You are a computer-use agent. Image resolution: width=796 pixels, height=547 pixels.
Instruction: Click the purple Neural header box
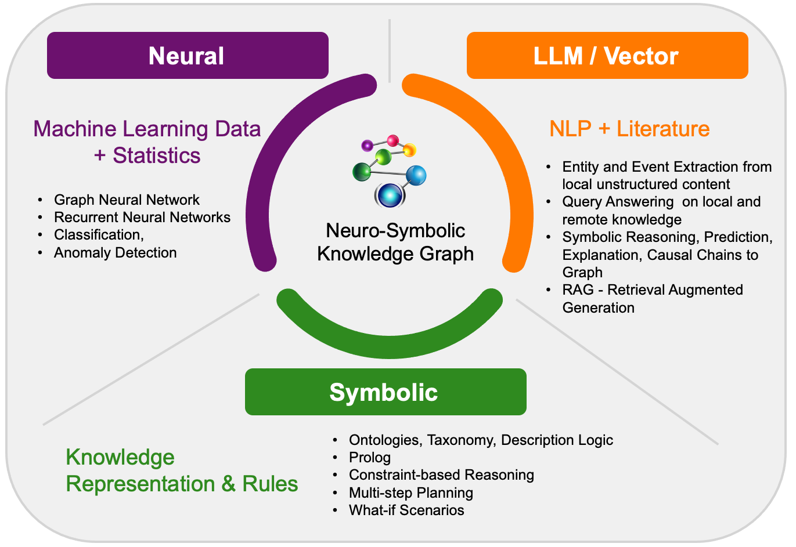point(188,56)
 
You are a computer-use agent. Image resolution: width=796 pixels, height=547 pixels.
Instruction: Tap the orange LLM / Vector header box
point(607,56)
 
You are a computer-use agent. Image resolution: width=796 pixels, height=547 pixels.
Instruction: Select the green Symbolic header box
point(385,392)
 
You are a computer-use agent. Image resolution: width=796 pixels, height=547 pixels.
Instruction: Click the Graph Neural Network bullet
point(127,200)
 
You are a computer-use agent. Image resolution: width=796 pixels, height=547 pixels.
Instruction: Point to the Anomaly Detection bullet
point(115,253)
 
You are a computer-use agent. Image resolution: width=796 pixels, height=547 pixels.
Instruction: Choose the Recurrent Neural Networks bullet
point(142,218)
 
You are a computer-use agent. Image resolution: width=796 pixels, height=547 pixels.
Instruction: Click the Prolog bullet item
point(369,458)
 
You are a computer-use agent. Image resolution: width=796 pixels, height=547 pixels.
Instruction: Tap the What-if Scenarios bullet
point(406,510)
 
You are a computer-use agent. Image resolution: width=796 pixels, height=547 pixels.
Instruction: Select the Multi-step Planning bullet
point(410,493)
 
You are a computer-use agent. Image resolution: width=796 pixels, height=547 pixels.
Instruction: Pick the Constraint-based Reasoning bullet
point(441,475)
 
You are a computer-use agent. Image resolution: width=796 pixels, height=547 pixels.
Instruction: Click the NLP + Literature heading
point(629,129)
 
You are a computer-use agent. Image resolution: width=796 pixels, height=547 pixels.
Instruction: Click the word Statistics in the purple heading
point(157,155)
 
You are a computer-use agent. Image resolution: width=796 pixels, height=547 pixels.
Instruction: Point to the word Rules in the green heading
point(270,484)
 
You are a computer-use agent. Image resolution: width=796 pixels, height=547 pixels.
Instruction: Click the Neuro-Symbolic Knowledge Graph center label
point(395,242)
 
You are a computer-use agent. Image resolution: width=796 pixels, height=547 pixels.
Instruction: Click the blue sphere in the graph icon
point(416,175)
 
